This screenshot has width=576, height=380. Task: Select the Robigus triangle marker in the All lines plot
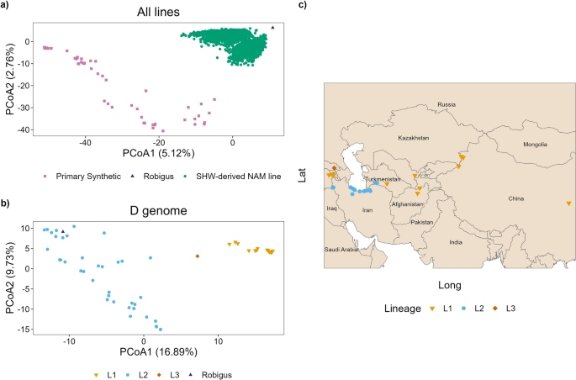click(x=272, y=28)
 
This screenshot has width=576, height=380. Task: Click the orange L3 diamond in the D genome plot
click(x=198, y=256)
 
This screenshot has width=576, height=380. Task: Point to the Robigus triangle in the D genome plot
click(x=62, y=232)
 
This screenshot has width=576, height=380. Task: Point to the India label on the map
click(x=455, y=242)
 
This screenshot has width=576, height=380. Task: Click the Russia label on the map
click(x=446, y=104)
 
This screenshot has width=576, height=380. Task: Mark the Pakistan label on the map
click(x=422, y=223)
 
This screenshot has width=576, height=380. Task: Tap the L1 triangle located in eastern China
click(x=569, y=203)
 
